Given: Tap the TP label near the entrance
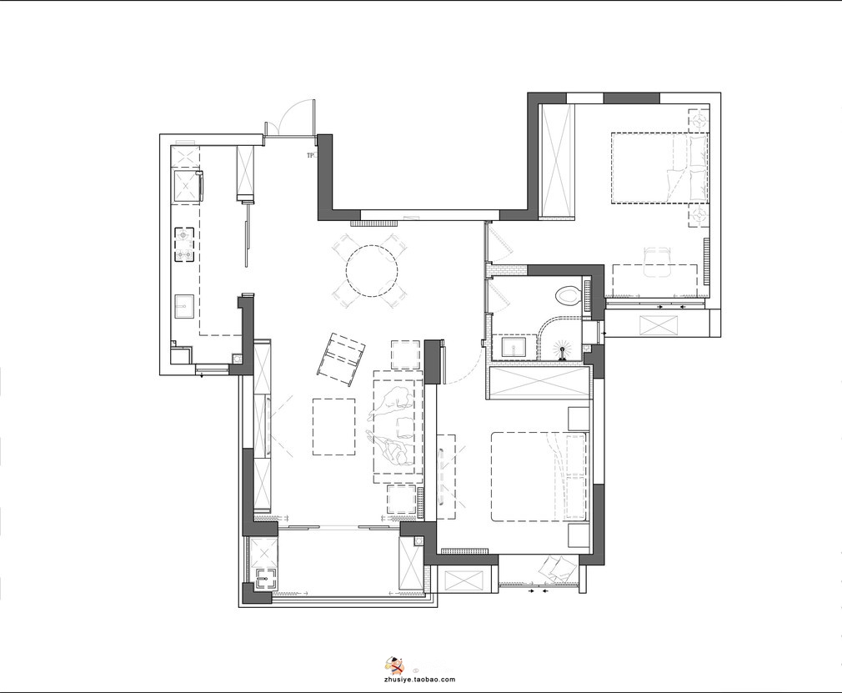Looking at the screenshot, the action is click(310, 156).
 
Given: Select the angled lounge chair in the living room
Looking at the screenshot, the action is click(342, 359).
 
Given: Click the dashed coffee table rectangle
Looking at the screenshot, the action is click(333, 426).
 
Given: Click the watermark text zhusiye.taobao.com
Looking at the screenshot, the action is click(420, 679).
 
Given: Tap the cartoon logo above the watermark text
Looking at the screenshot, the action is click(395, 665).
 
